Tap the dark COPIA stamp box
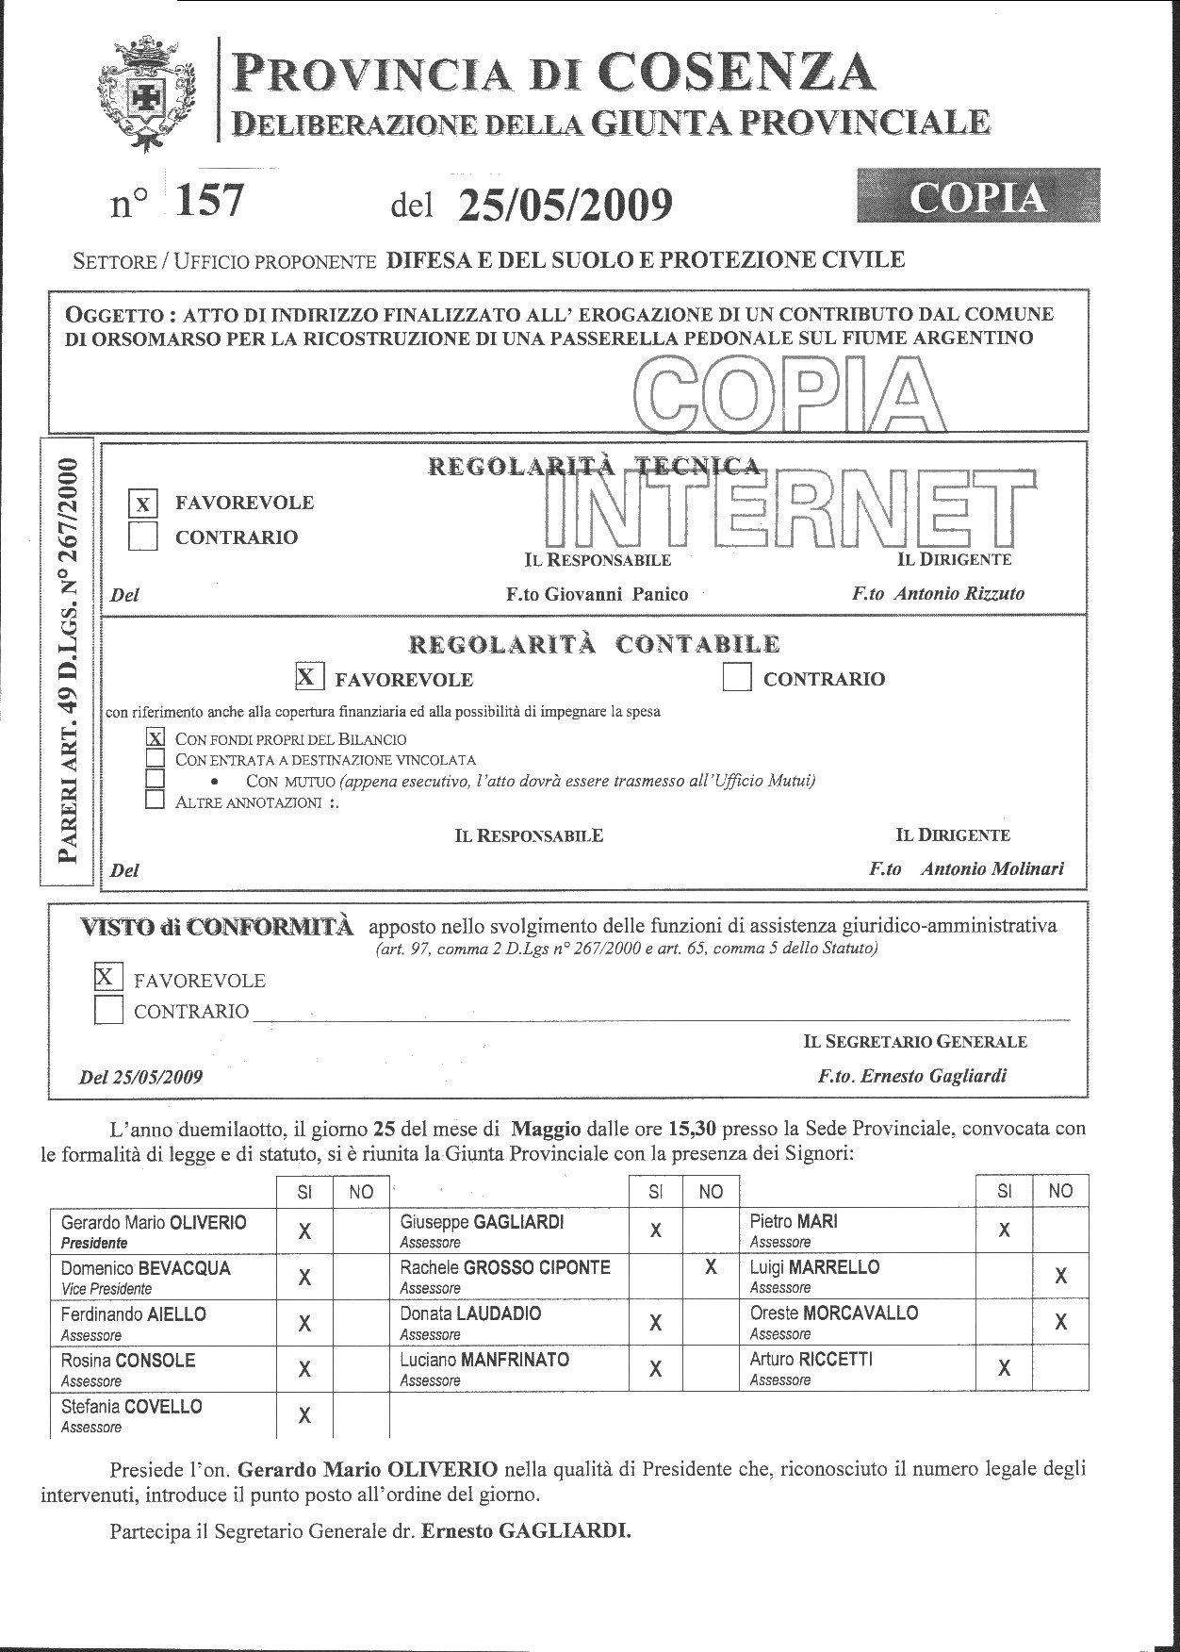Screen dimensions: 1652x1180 pyautogui.click(x=978, y=196)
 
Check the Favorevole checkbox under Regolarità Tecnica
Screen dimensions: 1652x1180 pyautogui.click(x=142, y=504)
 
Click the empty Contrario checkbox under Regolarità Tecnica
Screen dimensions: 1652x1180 pyautogui.click(x=142, y=537)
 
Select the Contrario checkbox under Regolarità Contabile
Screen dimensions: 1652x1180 pyautogui.click(x=737, y=678)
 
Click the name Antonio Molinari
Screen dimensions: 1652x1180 pyautogui.click(x=992, y=869)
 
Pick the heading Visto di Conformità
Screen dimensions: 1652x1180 pyautogui.click(x=218, y=927)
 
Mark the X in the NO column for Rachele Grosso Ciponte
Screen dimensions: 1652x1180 pyautogui.click(x=710, y=1268)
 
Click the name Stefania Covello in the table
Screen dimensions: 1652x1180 pyautogui.click(x=132, y=1407)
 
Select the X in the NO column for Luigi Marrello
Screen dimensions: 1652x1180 pyautogui.click(x=1060, y=1277)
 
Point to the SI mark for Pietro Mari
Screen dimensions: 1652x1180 pyautogui.click(x=1004, y=1231)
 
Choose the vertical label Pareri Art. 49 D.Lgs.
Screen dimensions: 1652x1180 pyautogui.click(x=68, y=660)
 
